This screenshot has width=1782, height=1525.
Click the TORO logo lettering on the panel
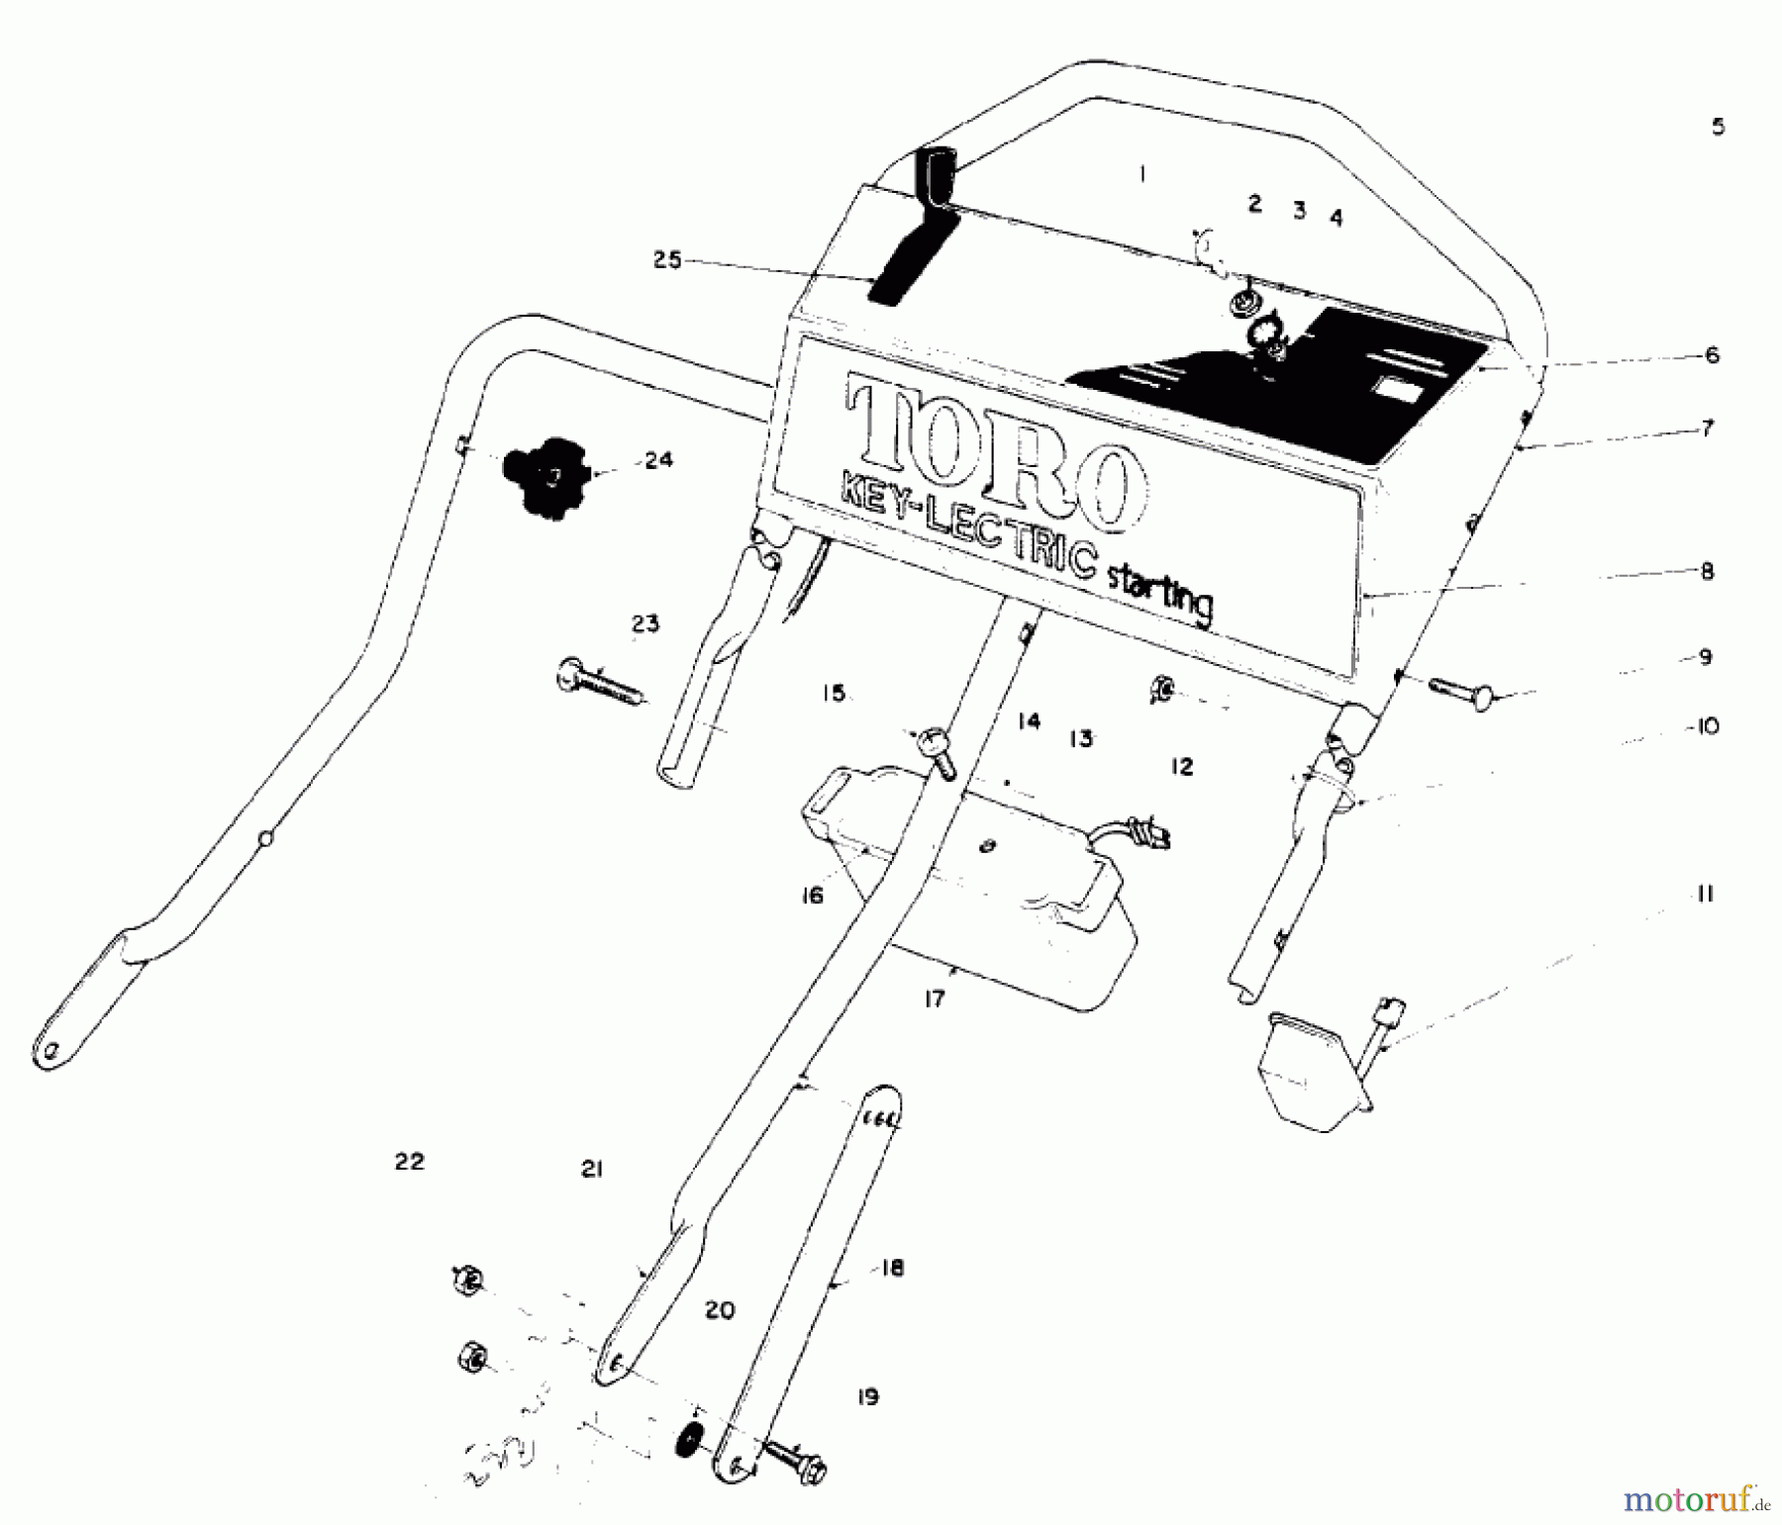[990, 450]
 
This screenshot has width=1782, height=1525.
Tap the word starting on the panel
[1158, 592]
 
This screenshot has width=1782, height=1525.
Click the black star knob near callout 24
[545, 478]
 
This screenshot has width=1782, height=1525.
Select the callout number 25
[667, 260]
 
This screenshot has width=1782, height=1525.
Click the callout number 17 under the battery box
[935, 1000]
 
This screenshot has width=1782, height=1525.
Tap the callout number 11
[1704, 895]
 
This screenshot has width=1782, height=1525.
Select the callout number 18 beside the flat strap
[892, 1269]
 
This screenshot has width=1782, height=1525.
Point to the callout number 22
[409, 1162]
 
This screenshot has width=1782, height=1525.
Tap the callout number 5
[1718, 127]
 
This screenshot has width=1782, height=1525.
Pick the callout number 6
[1712, 355]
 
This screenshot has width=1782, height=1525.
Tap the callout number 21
[591, 1170]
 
